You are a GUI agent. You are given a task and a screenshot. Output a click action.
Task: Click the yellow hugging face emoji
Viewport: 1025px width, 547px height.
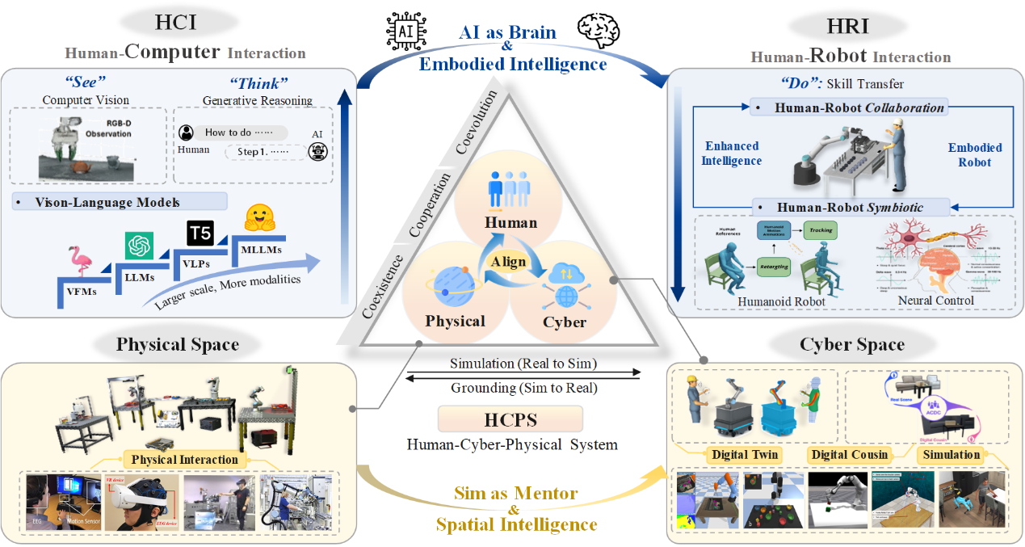tap(261, 217)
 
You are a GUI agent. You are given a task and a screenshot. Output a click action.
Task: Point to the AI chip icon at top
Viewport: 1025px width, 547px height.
tap(403, 32)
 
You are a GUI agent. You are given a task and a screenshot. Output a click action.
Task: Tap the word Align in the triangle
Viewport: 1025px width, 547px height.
tap(509, 261)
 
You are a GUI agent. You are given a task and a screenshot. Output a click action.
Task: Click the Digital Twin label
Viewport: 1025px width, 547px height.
tap(745, 454)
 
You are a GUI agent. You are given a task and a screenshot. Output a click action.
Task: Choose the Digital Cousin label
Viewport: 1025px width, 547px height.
tap(850, 454)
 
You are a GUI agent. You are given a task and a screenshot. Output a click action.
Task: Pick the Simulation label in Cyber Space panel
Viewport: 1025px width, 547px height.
tap(951, 454)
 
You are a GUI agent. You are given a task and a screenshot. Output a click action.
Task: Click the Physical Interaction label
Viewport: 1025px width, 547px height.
tap(184, 460)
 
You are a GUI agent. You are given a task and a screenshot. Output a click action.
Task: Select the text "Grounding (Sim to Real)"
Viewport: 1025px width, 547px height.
tap(524, 388)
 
